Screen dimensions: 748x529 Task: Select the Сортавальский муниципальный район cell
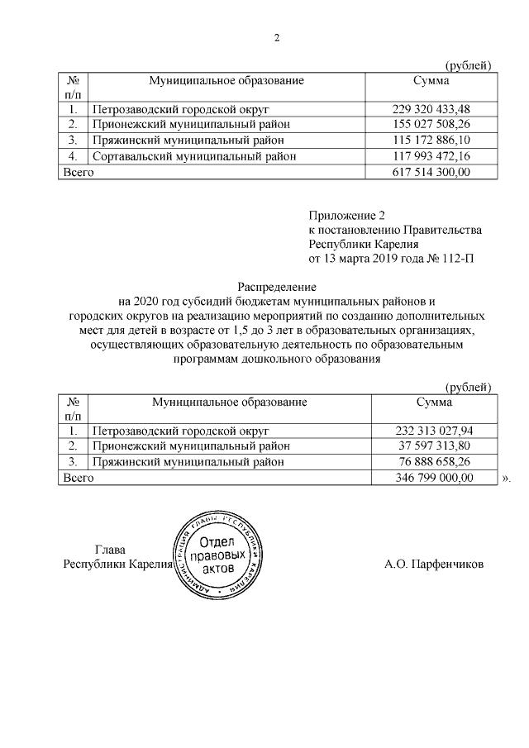click(194, 156)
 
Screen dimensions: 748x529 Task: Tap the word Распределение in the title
click(275, 286)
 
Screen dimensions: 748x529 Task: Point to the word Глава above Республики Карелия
click(112, 550)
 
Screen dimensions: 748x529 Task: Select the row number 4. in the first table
click(73, 156)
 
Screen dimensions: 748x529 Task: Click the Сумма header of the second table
click(433, 402)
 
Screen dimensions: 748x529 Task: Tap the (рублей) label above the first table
click(468, 65)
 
